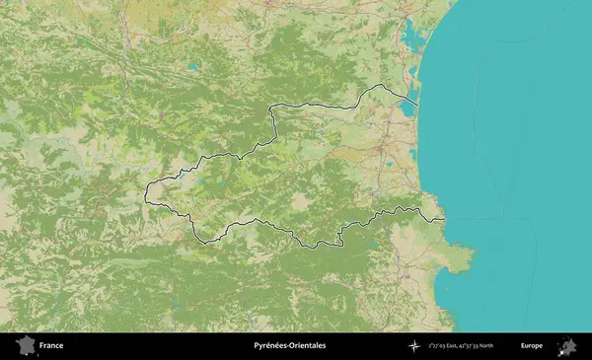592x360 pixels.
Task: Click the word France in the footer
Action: [52, 346]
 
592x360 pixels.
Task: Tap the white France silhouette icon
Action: [25, 346]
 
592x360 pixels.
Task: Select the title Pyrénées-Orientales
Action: [289, 346]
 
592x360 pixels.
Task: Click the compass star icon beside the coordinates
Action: [415, 346]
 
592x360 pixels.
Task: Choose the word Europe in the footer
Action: [532, 346]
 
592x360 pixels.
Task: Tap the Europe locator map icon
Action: [566, 346]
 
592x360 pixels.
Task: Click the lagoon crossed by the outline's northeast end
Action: [408, 107]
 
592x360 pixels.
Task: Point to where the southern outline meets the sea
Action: [444, 218]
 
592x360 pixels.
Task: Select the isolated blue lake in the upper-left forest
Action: [194, 67]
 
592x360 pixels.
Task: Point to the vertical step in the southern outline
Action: [341, 237]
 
